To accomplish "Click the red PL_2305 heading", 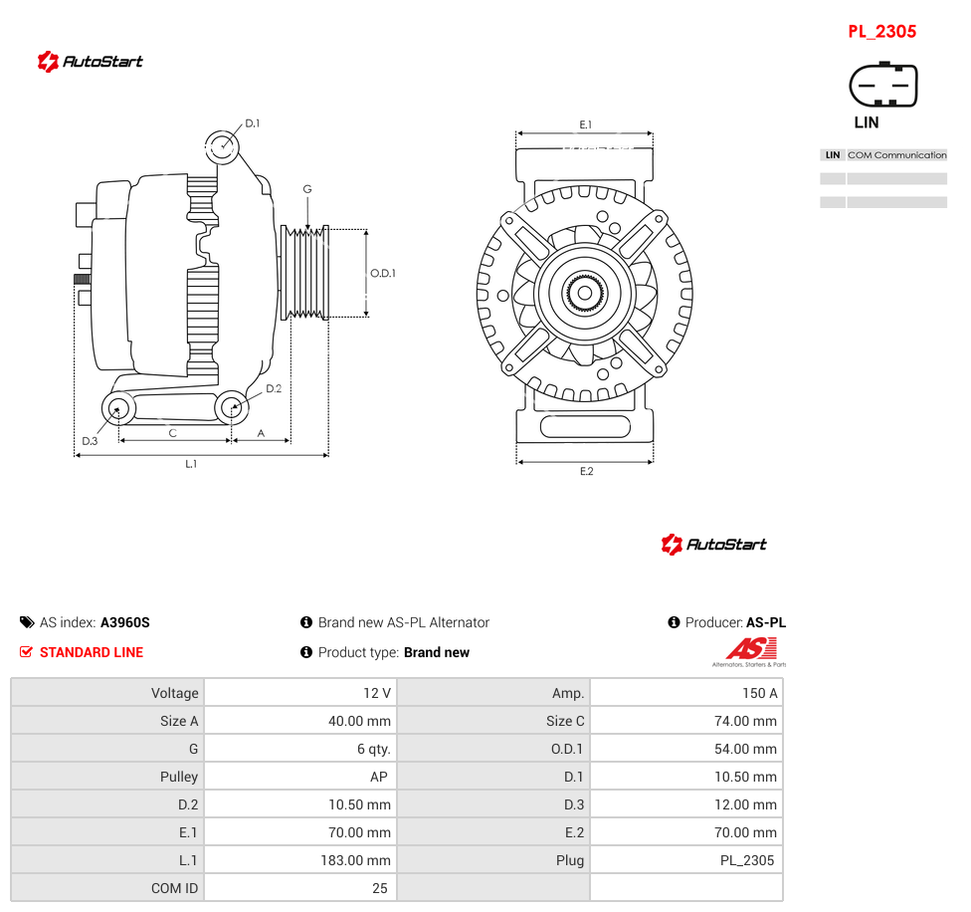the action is [881, 32].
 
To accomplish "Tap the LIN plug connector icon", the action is [883, 85].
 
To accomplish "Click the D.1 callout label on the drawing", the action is [252, 123].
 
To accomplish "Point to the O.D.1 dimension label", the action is [383, 273].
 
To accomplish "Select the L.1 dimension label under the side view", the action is [191, 463].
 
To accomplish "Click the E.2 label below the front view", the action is [586, 472].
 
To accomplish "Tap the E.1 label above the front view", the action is [586, 124].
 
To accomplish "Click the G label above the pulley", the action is [307, 189].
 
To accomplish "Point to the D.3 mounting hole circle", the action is [118, 409].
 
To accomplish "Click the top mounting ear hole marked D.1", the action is [222, 146].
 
